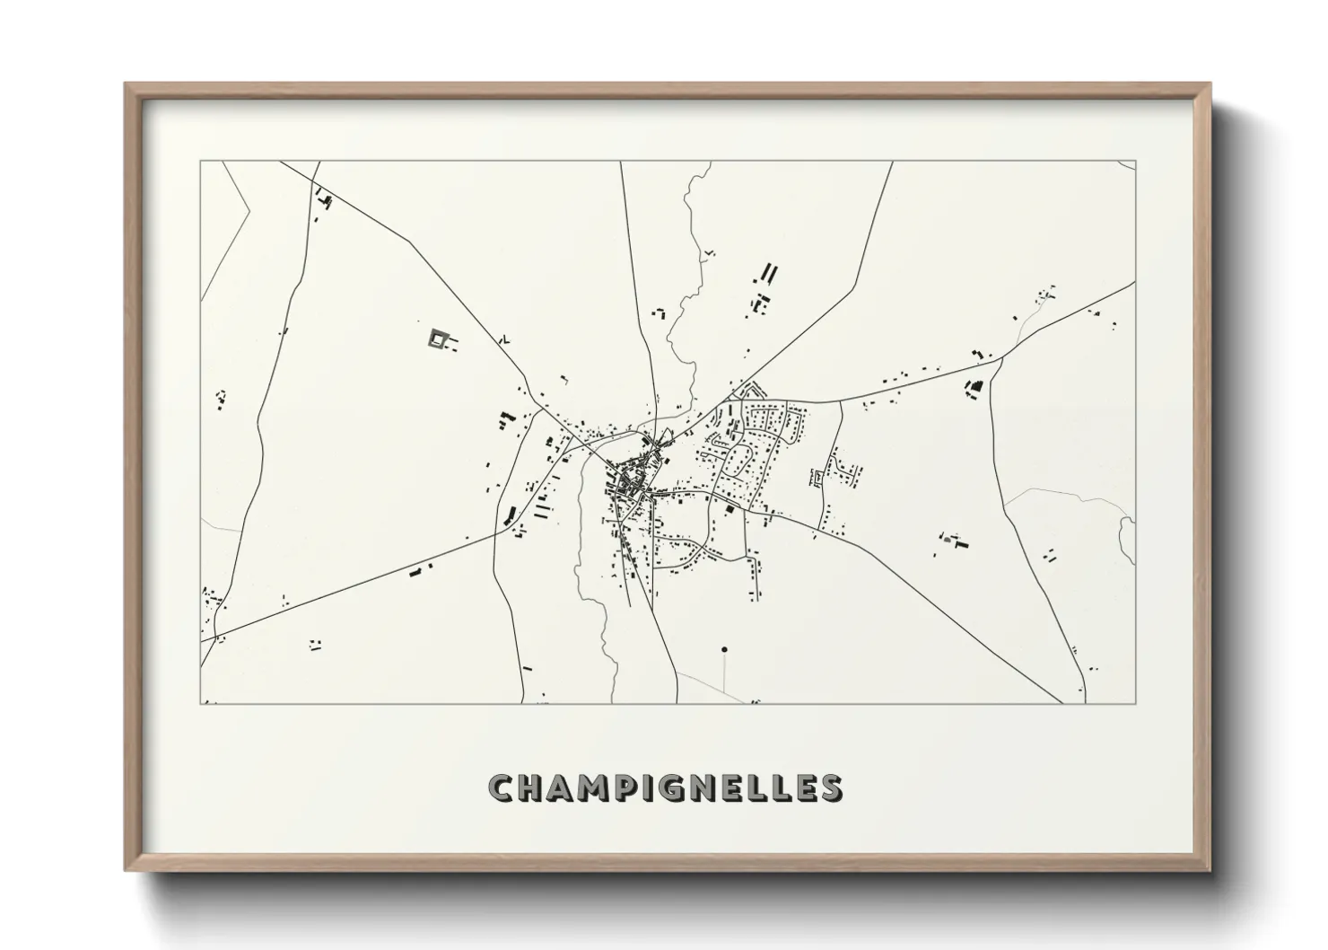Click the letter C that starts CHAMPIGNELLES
coord(502,789)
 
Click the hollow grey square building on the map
coord(438,338)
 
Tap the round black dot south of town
coord(724,649)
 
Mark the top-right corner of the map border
coord(1135,162)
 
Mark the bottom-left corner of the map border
coord(201,703)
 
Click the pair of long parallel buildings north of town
coord(770,273)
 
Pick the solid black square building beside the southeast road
coord(729,509)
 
